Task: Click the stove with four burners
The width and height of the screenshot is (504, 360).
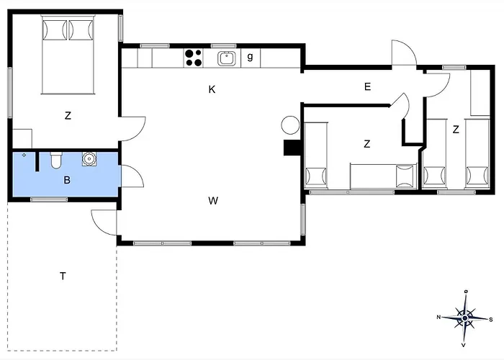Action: [193, 57]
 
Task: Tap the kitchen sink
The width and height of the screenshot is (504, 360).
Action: [227, 57]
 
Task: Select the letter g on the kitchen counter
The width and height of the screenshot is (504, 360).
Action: [250, 57]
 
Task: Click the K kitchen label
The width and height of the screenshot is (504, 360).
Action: [212, 89]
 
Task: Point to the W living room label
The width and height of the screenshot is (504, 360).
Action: [213, 201]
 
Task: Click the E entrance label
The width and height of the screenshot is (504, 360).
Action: [367, 87]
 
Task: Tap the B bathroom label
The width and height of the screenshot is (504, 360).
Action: [66, 180]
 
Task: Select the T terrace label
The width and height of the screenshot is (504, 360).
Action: [63, 276]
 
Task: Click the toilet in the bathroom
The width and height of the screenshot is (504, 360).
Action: [56, 159]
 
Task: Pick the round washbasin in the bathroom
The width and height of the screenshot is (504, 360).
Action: [90, 158]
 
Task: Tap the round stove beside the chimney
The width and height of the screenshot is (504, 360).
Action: [289, 125]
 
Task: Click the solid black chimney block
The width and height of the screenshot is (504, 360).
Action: [292, 148]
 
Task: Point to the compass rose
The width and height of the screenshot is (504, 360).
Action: [465, 317]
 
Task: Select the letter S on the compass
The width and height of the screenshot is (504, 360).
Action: [491, 319]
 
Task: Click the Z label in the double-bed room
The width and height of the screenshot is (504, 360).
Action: [68, 116]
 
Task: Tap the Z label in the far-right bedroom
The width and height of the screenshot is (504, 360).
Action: [456, 130]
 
